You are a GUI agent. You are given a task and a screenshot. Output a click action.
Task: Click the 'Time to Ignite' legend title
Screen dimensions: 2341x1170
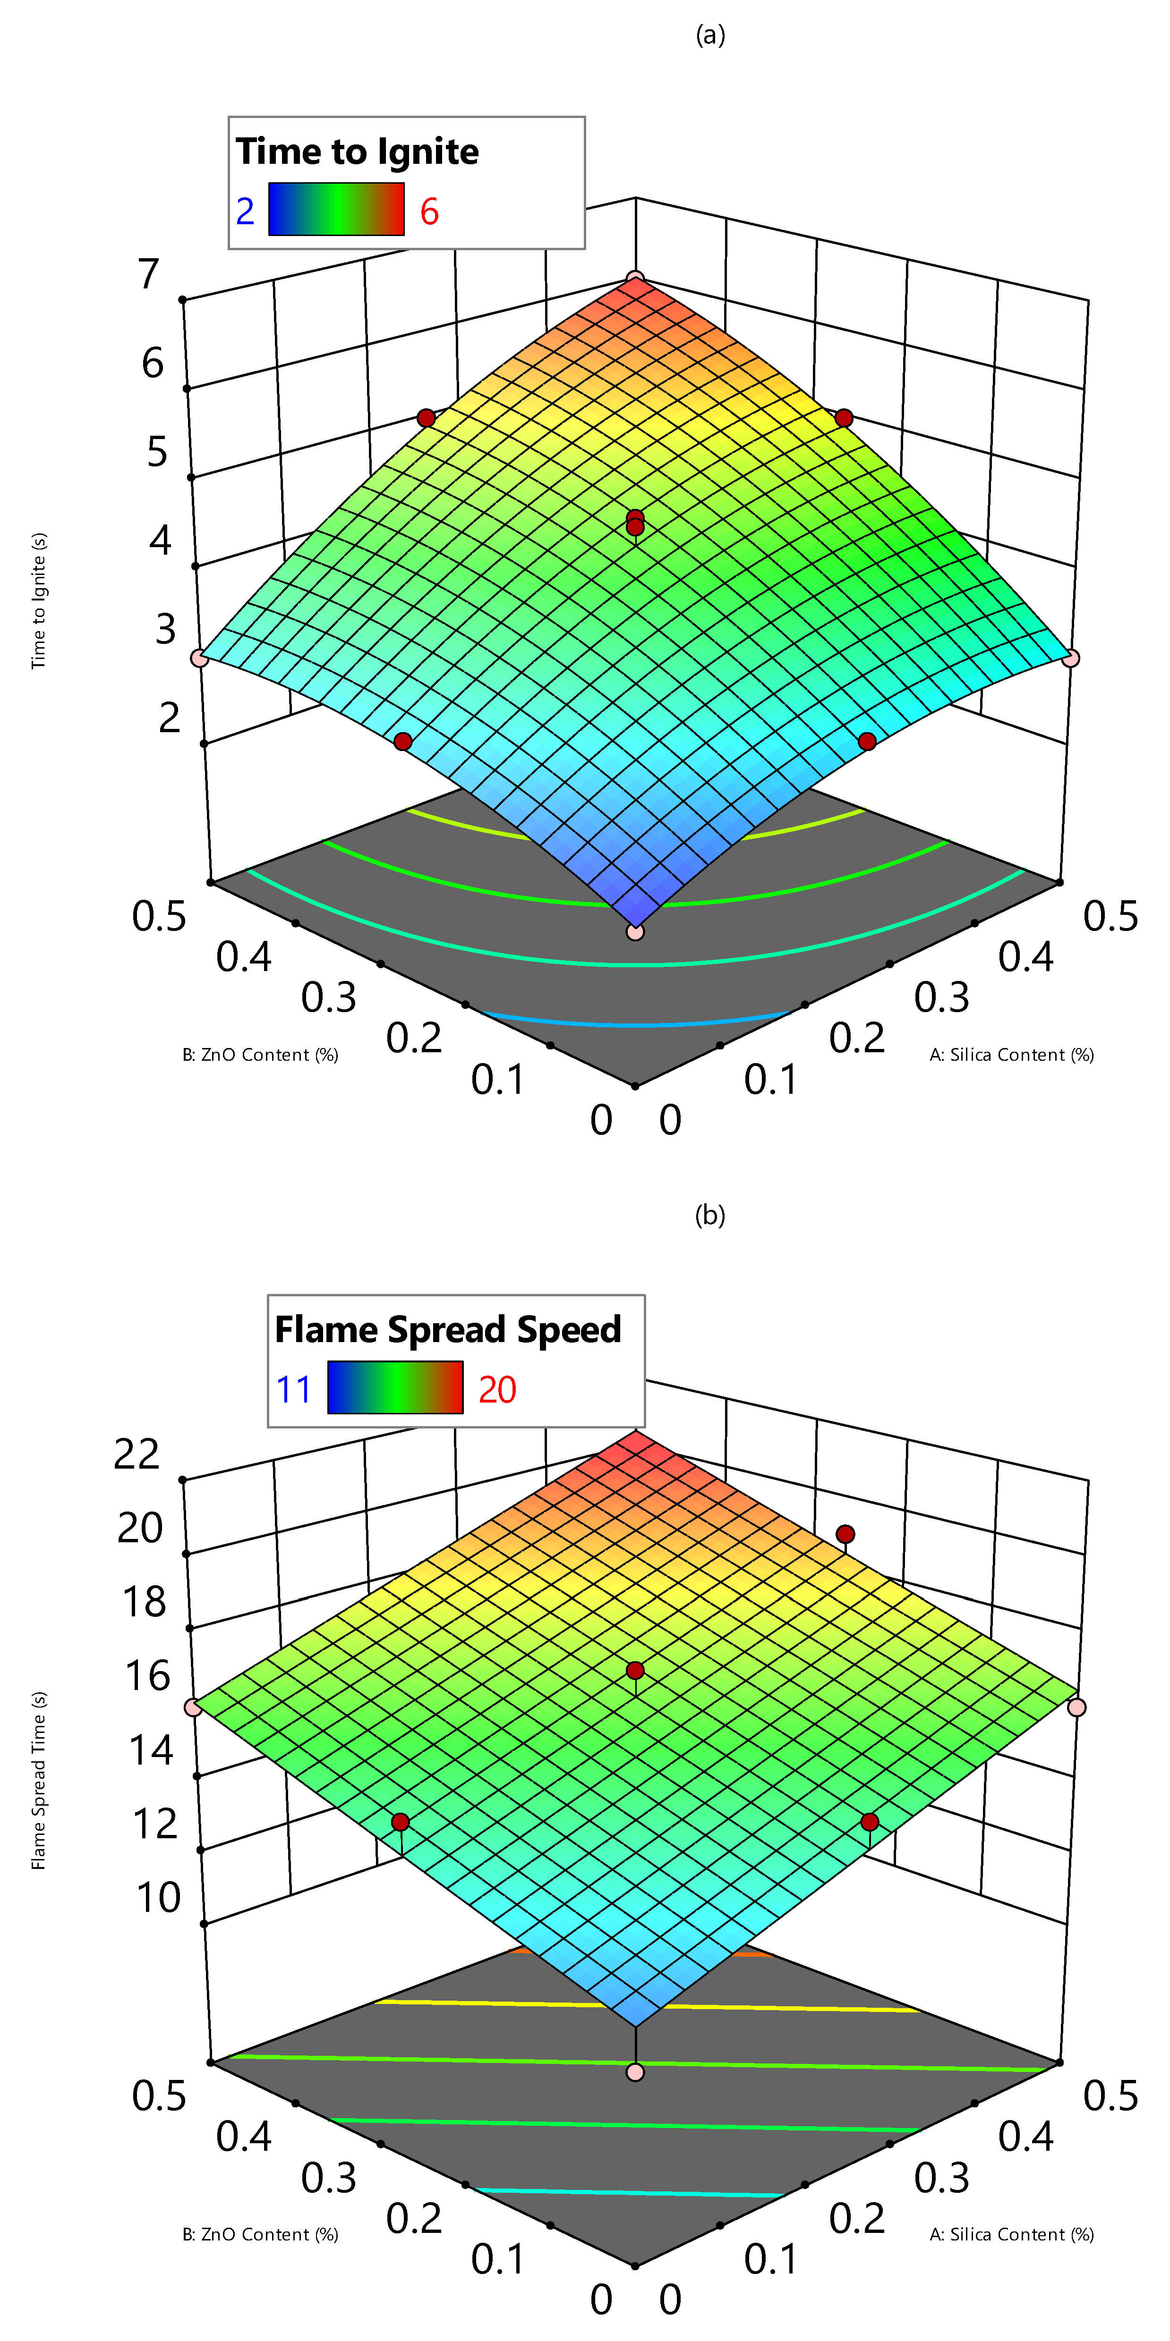357,152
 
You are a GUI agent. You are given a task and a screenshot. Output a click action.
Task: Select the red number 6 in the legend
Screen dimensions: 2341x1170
429,212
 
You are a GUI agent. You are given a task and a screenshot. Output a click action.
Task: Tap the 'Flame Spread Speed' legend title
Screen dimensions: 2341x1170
447,1329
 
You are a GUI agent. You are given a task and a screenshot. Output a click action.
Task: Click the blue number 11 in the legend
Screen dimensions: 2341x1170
294,1389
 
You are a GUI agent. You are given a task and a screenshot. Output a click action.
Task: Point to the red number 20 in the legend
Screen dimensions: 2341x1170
497,1389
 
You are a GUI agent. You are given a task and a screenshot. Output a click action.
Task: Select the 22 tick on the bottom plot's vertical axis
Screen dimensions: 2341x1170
137,1455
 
